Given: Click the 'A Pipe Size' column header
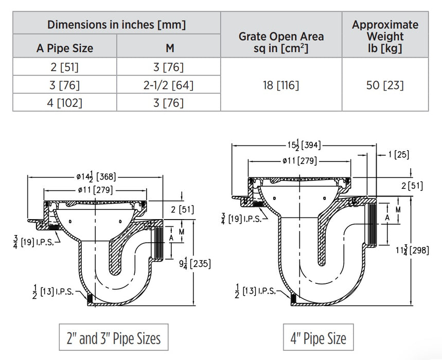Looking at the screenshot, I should tap(65, 48).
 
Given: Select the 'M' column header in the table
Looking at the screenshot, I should tap(169, 48).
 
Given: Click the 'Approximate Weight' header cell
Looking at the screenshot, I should tap(385, 36).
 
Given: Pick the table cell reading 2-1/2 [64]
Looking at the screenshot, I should tap(169, 85).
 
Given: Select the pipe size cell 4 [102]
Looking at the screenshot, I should tap(65, 102).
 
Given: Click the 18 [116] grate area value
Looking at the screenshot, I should tap(281, 85).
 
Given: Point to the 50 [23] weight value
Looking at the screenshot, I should tap(385, 85).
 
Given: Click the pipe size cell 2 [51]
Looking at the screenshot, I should tap(65, 67).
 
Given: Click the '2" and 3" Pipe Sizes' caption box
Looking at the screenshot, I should tap(114, 338).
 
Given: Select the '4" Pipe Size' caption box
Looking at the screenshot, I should tap(319, 338).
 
